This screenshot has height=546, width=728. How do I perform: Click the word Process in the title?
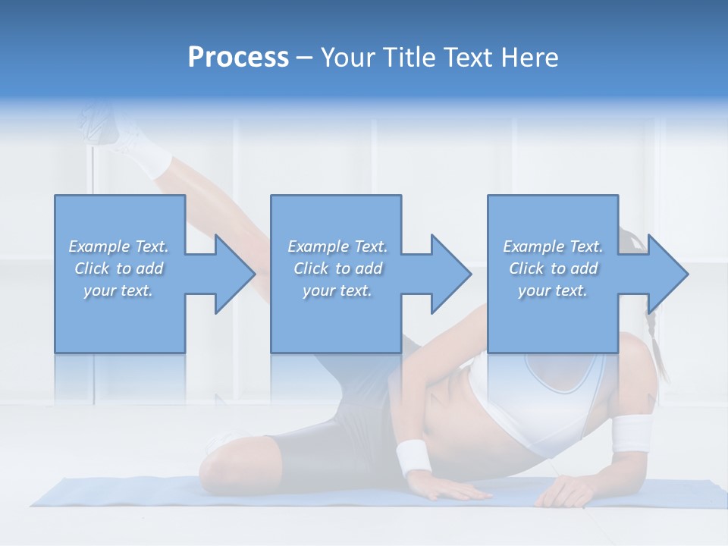tap(238, 58)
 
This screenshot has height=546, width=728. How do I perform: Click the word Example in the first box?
tap(98, 246)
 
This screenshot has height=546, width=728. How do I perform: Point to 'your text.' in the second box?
tap(337, 290)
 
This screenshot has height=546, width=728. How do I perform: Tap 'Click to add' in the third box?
tap(553, 268)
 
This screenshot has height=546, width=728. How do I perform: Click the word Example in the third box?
tap(532, 246)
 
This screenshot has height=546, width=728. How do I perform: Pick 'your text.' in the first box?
tap(118, 290)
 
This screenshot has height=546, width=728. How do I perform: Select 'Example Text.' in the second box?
tap(337, 246)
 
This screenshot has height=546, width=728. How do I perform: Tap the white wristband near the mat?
tap(413, 457)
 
